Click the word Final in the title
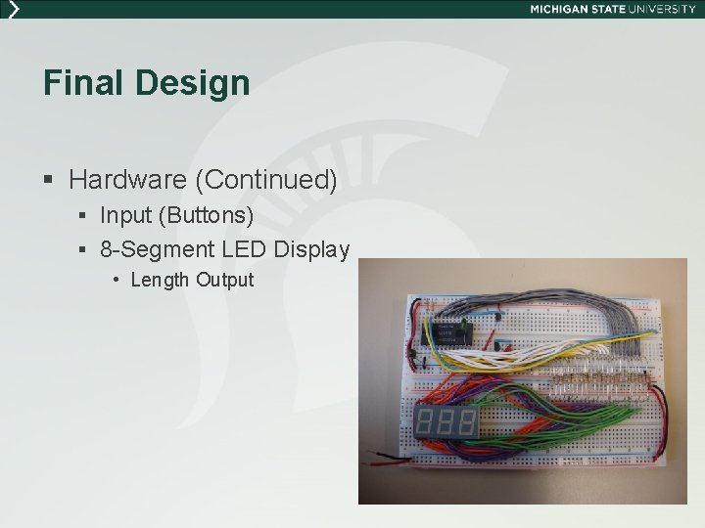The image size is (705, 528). coord(84,83)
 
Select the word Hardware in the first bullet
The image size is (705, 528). coord(129,180)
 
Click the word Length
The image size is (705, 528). coord(160,280)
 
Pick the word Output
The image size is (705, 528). coord(224,280)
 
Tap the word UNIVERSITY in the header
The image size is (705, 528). coord(663,9)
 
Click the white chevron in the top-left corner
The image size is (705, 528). coord(12,9)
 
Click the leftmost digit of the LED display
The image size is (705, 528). coord(427,422)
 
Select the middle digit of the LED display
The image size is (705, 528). coord(447,422)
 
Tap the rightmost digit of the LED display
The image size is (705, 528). coord(467,422)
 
